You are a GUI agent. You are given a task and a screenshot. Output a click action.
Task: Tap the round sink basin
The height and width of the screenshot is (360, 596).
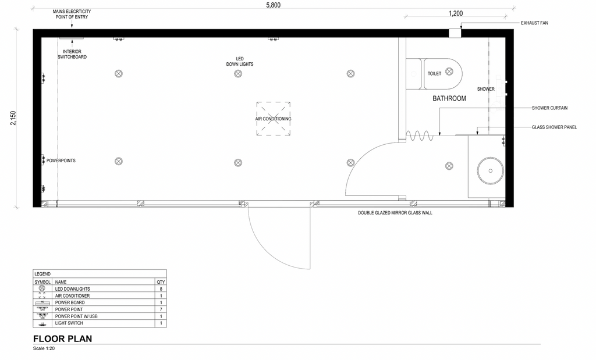pos(490,171)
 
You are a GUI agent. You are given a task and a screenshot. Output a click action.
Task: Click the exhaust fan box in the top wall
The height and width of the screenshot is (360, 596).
pos(455,33)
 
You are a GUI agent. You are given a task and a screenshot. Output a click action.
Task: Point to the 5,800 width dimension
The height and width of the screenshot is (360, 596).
pos(274,5)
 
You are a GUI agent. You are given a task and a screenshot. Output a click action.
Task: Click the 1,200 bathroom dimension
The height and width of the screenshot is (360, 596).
pos(456,13)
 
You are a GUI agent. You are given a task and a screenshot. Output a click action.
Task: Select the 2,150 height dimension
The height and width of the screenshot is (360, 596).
pos(13,118)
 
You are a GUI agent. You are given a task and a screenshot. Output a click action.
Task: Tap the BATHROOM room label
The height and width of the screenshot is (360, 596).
pos(449,98)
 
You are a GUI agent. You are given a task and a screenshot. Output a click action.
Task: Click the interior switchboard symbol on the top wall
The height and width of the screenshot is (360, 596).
pos(72,38)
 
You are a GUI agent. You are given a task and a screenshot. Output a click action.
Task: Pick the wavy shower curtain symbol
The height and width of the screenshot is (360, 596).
pos(420,136)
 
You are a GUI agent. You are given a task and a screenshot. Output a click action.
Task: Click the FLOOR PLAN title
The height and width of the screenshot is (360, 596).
pos(63,338)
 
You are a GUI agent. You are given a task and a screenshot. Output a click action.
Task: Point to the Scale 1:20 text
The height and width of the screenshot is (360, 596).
pos(44,348)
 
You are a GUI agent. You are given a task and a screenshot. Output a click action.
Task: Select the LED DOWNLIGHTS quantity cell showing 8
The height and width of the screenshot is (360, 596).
pos(161,289)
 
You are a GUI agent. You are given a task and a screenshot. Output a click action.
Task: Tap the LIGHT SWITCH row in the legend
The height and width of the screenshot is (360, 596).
pos(100,323)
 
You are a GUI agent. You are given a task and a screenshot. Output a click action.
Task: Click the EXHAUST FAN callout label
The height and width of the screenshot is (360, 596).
pos(534,23)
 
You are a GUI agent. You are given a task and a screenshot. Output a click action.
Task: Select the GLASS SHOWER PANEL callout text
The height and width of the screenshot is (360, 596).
pos(554,127)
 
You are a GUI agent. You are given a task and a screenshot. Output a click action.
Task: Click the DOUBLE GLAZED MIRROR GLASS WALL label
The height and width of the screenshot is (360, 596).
pos(395,213)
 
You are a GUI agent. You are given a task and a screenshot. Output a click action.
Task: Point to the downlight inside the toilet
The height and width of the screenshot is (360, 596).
pos(449,71)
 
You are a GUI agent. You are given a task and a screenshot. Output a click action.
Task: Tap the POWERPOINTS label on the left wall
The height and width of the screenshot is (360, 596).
pos(61,161)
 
